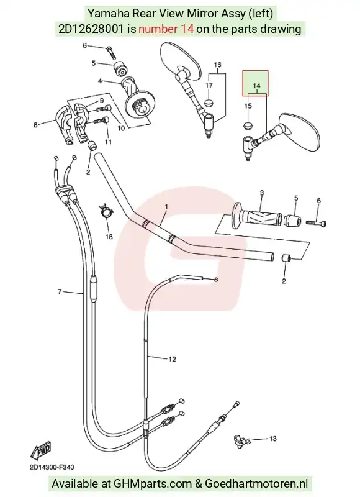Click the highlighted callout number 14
[256, 86]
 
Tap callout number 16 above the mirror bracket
[217, 65]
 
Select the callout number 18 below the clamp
[109, 237]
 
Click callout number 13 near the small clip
[273, 439]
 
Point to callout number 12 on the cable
[173, 359]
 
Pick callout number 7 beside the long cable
[60, 291]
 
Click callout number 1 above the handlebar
[166, 207]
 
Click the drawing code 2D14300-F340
[52, 467]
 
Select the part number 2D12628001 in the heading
[91, 29]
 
